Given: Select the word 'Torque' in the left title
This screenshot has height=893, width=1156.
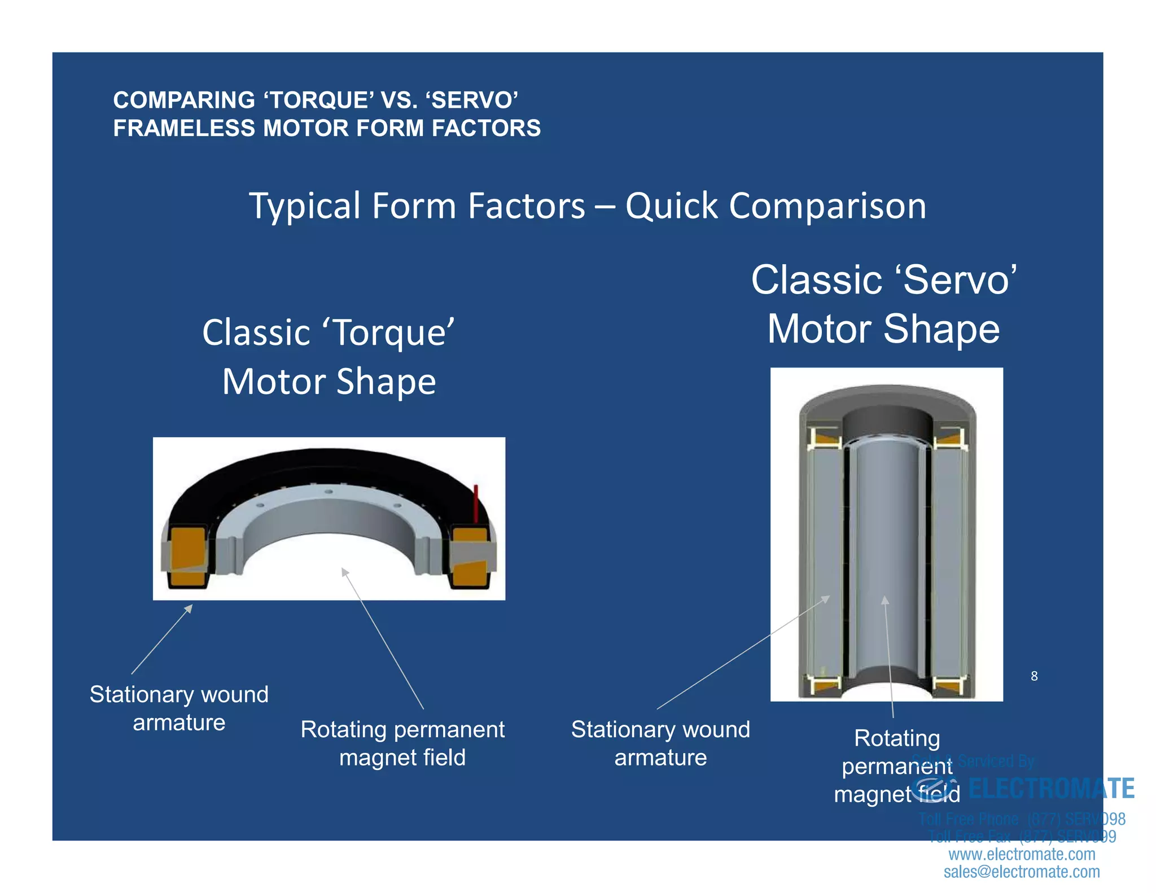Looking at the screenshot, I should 388,332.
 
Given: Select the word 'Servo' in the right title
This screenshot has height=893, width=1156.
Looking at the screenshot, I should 956,280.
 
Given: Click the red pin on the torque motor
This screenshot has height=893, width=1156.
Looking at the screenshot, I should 475,502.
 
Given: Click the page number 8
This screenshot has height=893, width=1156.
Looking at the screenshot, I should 1034,676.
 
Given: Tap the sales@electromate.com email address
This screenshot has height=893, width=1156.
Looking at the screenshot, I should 1021,872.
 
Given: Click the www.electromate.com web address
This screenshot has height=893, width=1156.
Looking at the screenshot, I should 1021,854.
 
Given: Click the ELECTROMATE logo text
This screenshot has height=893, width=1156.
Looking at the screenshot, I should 1050,789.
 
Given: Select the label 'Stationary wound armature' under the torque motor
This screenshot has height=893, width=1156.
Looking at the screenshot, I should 179,708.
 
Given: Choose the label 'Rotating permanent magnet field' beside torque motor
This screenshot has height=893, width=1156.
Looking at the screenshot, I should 402,743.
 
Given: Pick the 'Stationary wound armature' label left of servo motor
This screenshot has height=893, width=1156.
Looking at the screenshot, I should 660,743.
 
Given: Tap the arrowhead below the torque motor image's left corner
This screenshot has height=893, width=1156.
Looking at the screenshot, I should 190,607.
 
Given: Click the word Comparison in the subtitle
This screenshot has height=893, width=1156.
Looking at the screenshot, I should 827,206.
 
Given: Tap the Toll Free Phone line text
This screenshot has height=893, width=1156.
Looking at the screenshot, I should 1021,818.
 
